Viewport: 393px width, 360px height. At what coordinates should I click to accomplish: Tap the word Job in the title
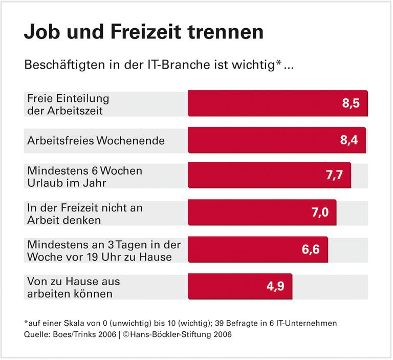pos(41,32)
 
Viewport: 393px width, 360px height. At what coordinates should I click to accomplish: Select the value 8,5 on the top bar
pos(351,103)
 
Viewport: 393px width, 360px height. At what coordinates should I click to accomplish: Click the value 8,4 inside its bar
pos(349,139)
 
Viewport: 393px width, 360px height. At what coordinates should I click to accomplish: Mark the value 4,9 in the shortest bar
pos(275,286)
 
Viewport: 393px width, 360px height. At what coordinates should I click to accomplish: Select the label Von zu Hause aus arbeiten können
pos(74,287)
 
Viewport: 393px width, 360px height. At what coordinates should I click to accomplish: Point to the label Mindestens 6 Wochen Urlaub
pos(84,176)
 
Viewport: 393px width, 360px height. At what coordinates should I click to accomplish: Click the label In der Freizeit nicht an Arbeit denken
pos(84,214)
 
